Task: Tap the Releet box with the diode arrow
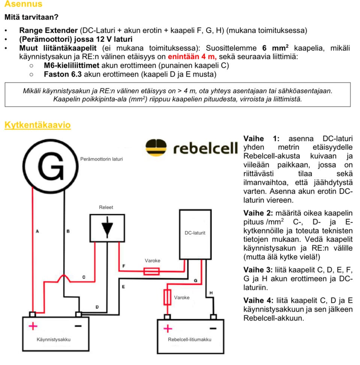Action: click(107, 227)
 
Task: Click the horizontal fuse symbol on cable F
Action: click(151, 271)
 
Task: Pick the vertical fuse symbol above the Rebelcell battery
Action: click(167, 297)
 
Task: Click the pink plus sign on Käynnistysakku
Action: click(33, 326)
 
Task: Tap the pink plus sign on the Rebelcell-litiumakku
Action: click(168, 329)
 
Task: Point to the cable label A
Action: click(37, 231)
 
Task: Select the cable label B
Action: click(68, 231)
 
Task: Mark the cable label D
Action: click(97, 307)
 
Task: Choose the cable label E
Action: click(123, 287)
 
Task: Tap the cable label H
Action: click(211, 292)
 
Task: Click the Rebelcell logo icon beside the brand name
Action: click(157, 147)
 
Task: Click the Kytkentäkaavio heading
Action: click(37, 125)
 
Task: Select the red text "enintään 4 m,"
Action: click(192, 57)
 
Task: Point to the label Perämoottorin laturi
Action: click(101, 159)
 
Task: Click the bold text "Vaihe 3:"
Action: click(259, 269)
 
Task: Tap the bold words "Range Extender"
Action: click(48, 30)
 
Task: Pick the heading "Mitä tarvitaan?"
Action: click(31, 17)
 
